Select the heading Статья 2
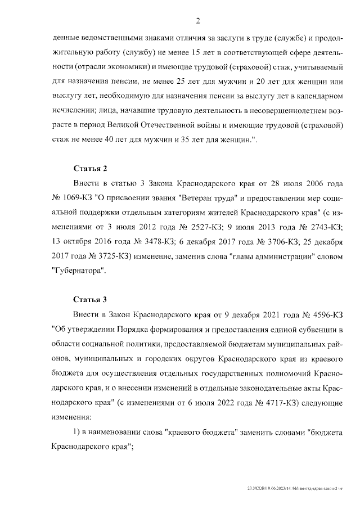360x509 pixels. point(90,168)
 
